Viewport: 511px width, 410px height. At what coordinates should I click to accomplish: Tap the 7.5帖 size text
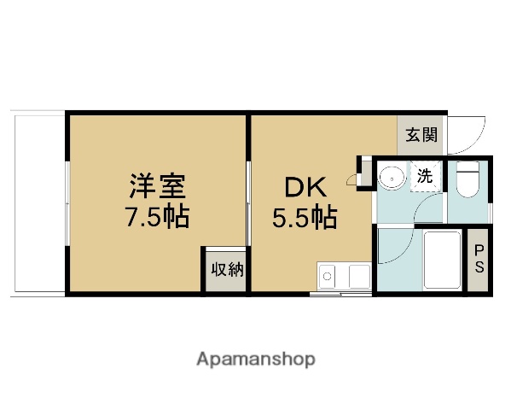pos(158,216)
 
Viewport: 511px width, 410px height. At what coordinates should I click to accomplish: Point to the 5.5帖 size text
pos(303,219)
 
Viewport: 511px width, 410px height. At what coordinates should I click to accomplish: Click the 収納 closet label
pos(227,270)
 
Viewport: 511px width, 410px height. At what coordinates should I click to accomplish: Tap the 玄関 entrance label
pos(421,135)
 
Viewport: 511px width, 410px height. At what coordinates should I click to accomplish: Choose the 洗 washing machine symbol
pos(424,178)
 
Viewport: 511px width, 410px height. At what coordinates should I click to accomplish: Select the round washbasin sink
pos(392,178)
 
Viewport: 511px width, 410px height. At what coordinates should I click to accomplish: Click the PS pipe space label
pos(479,257)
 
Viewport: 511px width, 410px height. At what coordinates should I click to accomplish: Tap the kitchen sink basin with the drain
pos(328,276)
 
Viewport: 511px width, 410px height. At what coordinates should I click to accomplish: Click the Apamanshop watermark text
pos(256,359)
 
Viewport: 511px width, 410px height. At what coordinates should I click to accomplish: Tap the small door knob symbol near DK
pos(351,179)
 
